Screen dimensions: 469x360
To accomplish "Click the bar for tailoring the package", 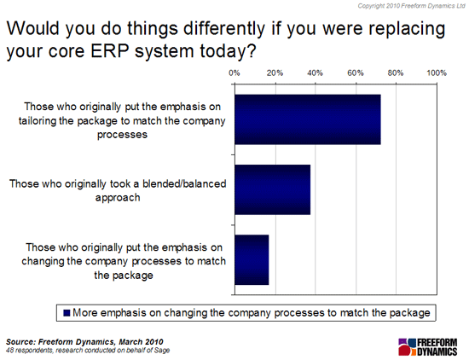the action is pyautogui.click(x=308, y=119).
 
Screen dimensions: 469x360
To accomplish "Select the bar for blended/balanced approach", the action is pyautogui.click(x=273, y=189).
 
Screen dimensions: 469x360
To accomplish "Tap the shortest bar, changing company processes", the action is pyautogui.click(x=252, y=259).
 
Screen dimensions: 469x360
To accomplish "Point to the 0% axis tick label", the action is pyautogui.click(x=234, y=73).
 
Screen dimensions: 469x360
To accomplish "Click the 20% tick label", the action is pyautogui.click(x=275, y=73).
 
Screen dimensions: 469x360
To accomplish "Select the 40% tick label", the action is pyautogui.click(x=315, y=73).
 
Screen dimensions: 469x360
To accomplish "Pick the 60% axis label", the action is pyautogui.click(x=356, y=73).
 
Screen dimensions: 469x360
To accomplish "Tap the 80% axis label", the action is pyautogui.click(x=396, y=73).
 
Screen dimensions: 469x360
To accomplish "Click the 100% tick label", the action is pyautogui.click(x=437, y=73).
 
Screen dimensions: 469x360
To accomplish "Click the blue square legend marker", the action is pyautogui.click(x=67, y=313).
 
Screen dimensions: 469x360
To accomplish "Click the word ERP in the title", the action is pyautogui.click(x=110, y=51).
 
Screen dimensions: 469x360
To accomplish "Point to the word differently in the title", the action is pyautogui.click(x=224, y=28).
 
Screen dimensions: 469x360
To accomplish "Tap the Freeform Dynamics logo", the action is pyautogui.click(x=428, y=347).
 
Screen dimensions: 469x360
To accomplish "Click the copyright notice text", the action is pyautogui.click(x=411, y=6).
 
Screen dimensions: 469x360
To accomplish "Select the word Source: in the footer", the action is pyautogui.click(x=21, y=342).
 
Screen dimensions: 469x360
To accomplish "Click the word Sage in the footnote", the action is pyautogui.click(x=163, y=350).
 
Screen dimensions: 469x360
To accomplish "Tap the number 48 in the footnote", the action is pyautogui.click(x=9, y=350).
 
